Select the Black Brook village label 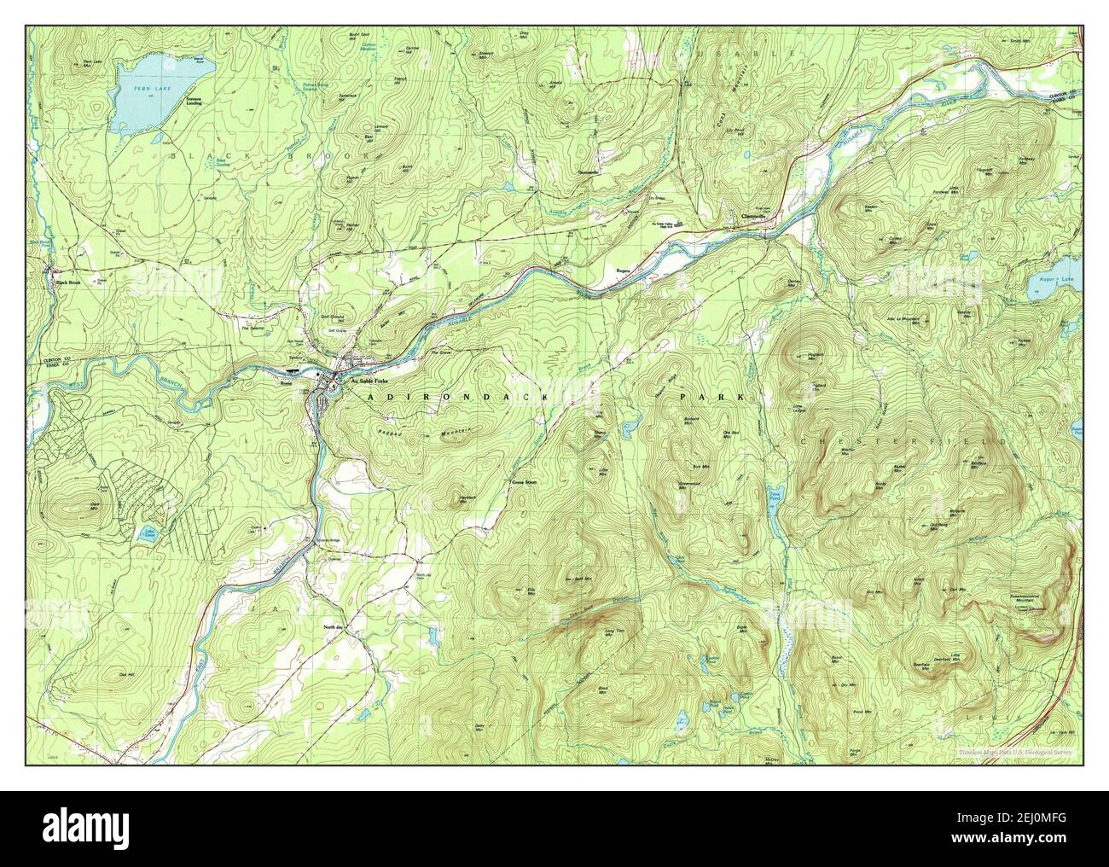tap(67, 282)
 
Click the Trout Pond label tap(775, 494)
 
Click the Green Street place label tap(524, 483)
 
